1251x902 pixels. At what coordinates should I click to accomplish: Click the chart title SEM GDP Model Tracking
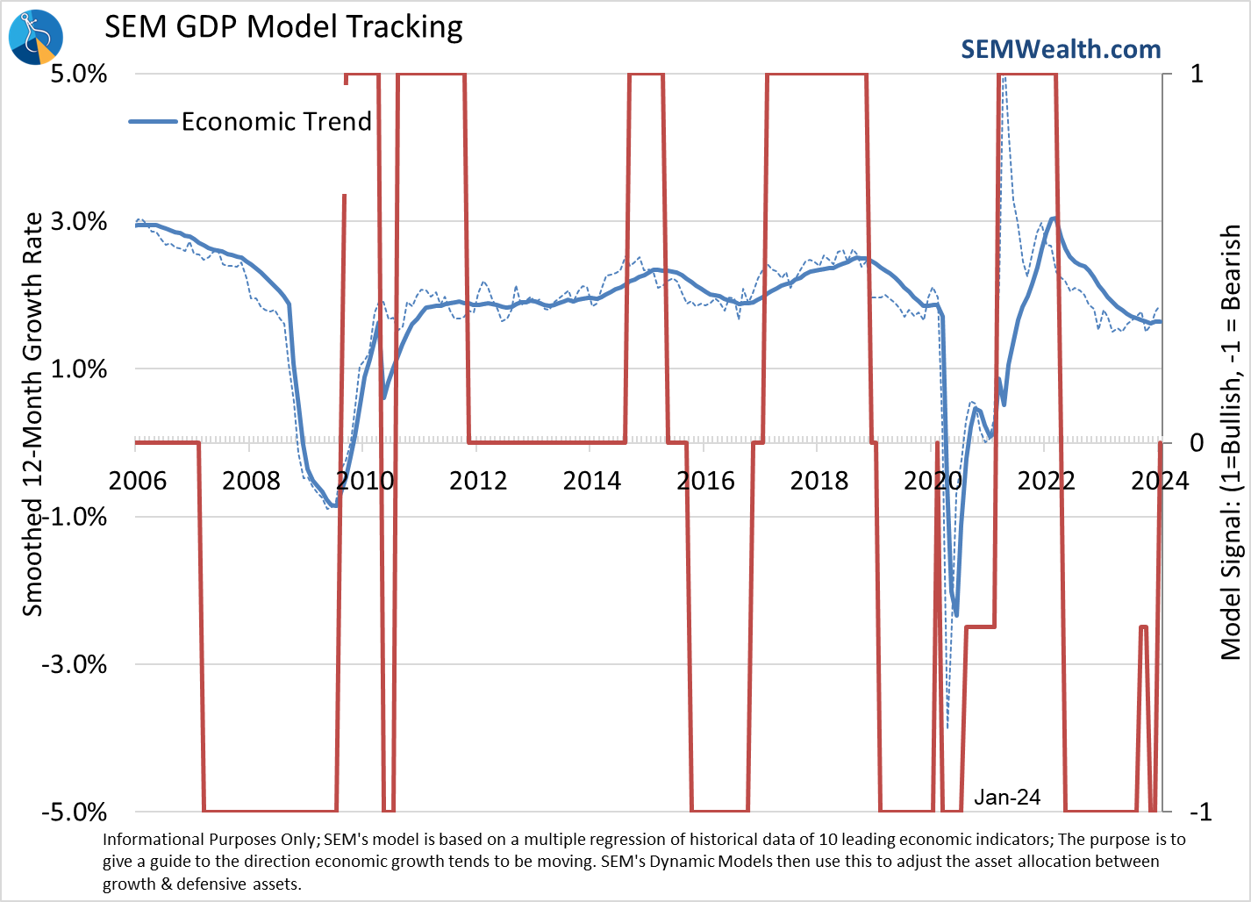coord(283,27)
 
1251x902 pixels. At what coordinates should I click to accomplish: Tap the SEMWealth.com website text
coord(1061,49)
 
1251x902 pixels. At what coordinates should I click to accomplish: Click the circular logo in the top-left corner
coord(36,37)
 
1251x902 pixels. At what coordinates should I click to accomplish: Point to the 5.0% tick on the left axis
coord(79,73)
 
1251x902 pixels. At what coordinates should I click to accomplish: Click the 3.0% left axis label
coord(79,221)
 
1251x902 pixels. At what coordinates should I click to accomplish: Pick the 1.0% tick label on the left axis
coord(79,369)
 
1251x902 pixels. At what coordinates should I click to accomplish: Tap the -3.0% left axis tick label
coord(75,664)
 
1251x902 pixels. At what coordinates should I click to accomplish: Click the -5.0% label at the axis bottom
coord(75,812)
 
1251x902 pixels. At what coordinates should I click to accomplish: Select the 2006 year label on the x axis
coord(138,481)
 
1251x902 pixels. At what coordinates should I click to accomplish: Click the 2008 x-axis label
coord(251,481)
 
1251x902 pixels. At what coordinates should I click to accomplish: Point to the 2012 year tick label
coord(478,481)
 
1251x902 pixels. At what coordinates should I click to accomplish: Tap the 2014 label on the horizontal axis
coord(592,481)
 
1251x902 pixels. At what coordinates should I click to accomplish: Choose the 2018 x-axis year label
coord(819,481)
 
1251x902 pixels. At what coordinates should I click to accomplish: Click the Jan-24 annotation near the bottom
coord(1007,797)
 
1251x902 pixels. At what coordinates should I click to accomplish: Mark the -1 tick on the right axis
coord(1198,812)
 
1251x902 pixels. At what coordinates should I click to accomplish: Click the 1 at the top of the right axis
coord(1197,73)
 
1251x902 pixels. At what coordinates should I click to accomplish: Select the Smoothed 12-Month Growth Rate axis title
coord(32,414)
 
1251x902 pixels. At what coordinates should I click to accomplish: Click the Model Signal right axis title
coord(1232,442)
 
